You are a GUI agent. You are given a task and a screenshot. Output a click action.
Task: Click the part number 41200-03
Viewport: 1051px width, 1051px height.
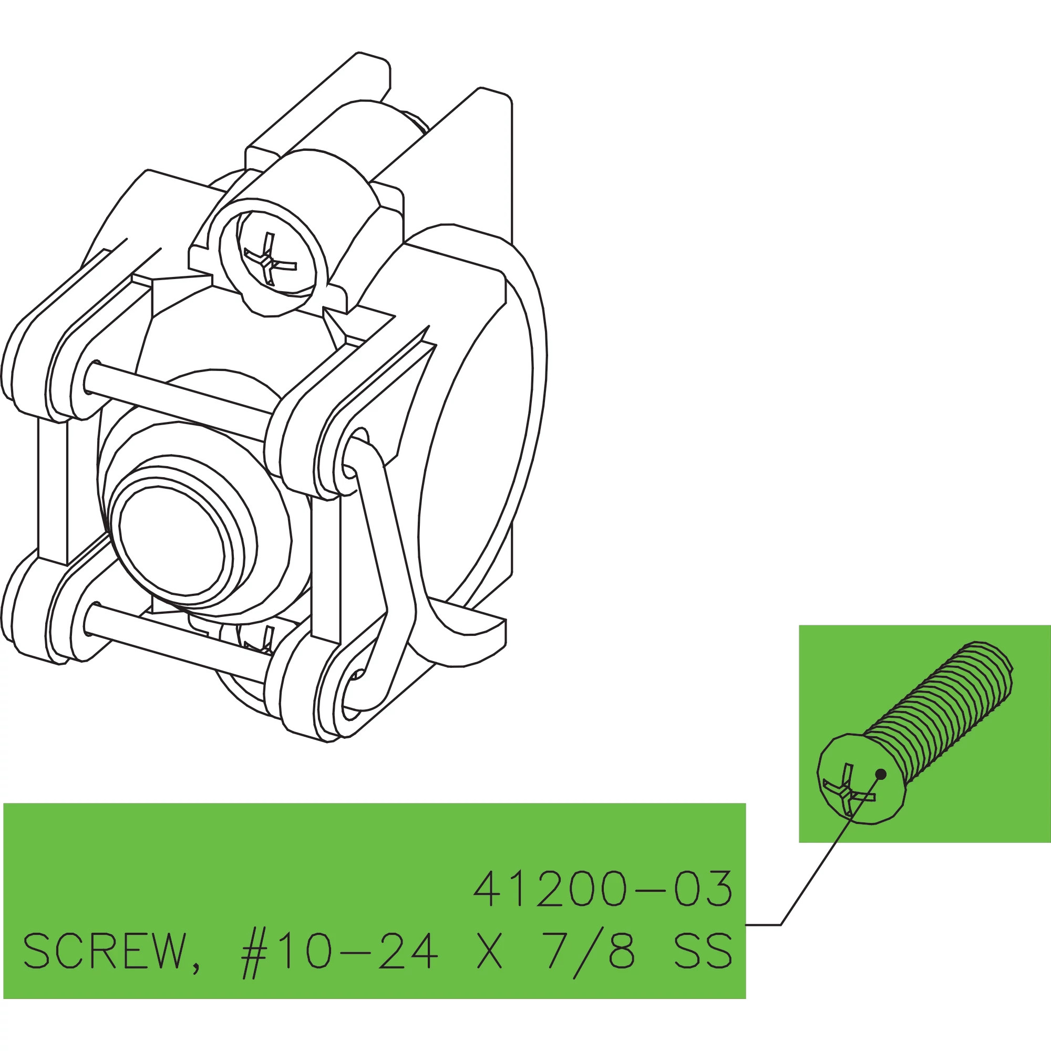pos(603,888)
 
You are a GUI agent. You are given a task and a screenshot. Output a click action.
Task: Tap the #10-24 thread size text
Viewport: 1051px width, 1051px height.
pos(339,952)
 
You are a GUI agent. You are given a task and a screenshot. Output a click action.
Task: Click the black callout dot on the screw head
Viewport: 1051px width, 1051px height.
pos(881,774)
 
